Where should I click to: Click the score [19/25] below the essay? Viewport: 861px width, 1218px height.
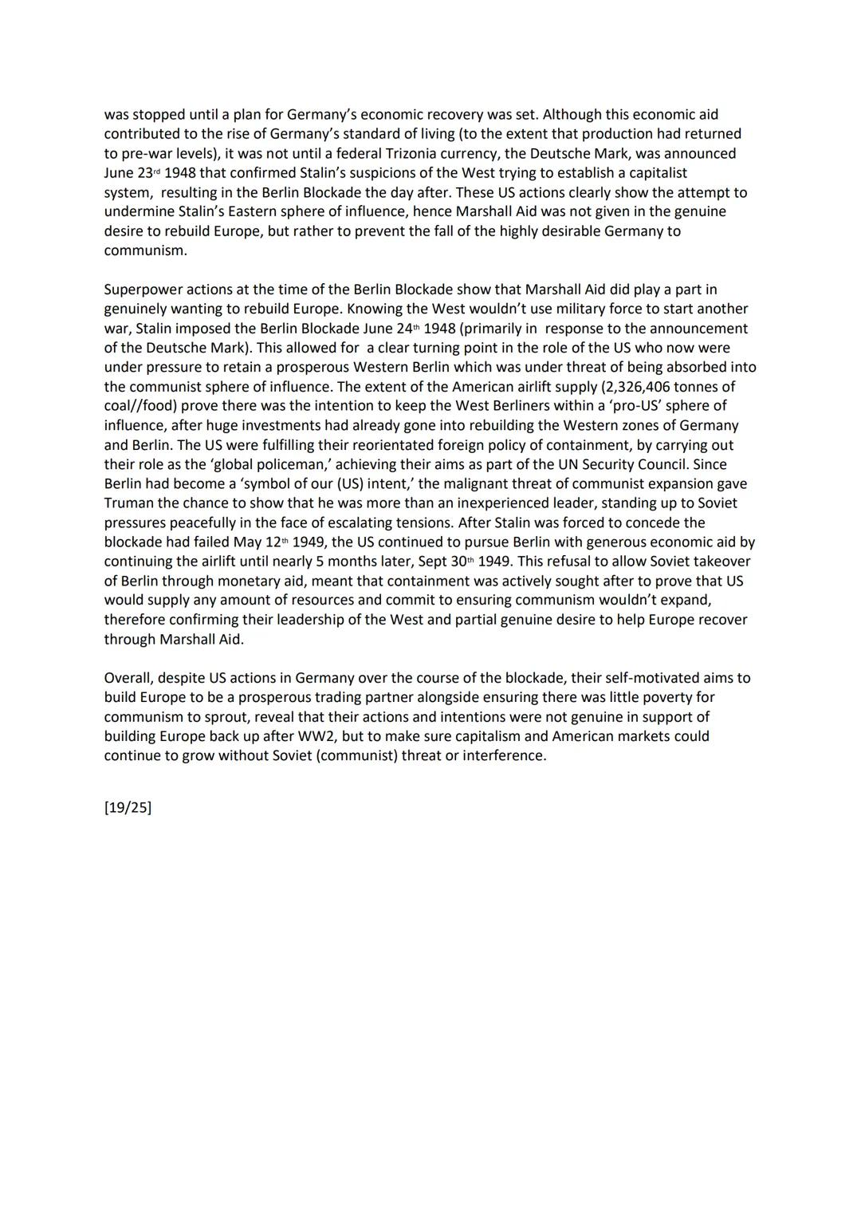[x=128, y=807]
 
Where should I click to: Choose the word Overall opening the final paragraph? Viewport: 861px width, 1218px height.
[x=128, y=678]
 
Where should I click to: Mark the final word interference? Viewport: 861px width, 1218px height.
[x=504, y=755]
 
